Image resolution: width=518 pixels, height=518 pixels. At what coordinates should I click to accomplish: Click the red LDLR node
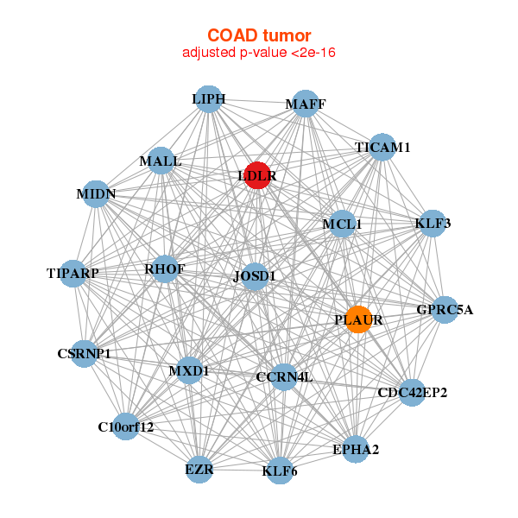(257, 175)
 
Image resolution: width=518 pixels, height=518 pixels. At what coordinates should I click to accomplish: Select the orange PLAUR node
(358, 319)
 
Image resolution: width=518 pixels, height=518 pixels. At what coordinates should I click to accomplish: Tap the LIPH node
(208, 99)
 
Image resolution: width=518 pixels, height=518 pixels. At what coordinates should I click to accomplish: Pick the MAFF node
(306, 104)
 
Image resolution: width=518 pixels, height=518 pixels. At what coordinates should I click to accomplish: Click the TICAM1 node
(381, 148)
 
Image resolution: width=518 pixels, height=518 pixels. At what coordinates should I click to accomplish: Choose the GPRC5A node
(443, 309)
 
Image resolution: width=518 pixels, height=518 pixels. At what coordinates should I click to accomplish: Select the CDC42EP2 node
(412, 393)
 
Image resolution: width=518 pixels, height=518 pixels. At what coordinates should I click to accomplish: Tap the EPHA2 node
(356, 448)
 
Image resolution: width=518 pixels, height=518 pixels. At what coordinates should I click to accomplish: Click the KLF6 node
(279, 470)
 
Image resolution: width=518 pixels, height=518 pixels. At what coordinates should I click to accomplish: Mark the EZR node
(199, 469)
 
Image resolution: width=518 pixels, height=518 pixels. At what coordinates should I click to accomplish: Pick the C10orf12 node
(126, 426)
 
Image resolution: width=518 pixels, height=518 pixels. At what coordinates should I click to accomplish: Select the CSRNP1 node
(84, 352)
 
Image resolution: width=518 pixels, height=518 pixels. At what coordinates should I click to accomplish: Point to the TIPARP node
(74, 274)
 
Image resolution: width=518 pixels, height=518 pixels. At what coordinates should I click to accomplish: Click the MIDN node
(96, 193)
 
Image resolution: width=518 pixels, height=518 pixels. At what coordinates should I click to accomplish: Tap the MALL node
(161, 161)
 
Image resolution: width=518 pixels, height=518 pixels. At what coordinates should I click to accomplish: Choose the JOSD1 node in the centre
(255, 276)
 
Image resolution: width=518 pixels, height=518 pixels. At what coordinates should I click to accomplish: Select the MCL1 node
(343, 224)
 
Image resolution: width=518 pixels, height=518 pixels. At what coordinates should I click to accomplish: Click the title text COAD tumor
(258, 35)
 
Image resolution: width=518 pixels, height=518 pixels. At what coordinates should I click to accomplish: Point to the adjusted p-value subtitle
(258, 53)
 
